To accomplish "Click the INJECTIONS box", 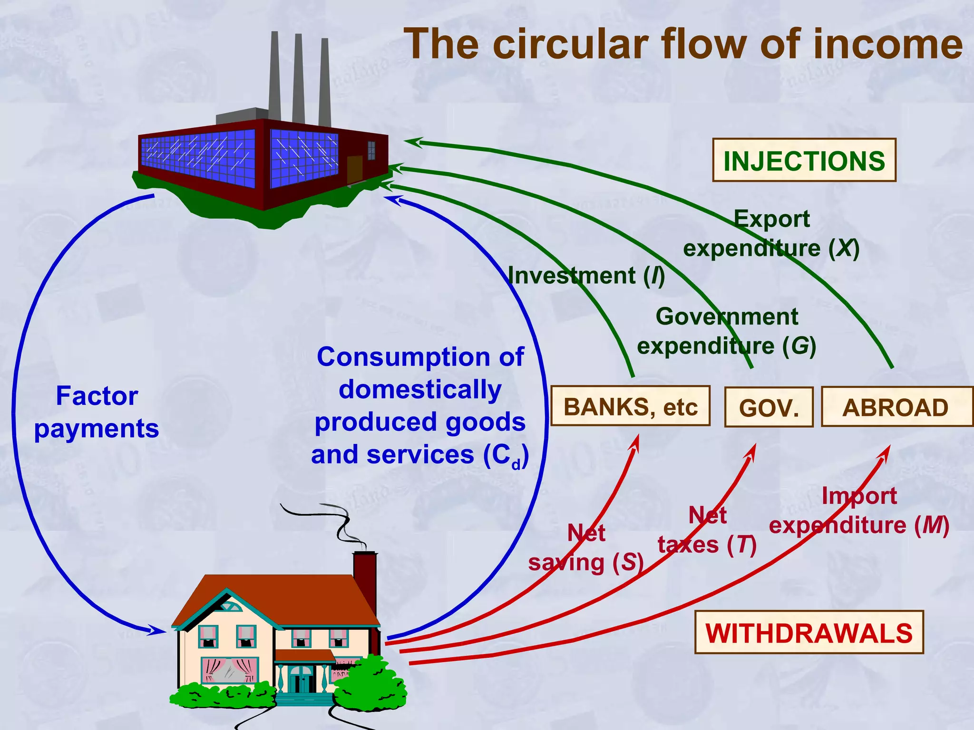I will coord(804,160).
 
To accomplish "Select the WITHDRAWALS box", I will coord(808,633).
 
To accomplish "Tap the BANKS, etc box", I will coord(630,406).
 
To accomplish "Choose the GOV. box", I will coord(769,408).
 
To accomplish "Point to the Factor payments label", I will coord(97,412).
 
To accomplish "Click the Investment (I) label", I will coord(586,276).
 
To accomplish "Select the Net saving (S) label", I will coord(586,548).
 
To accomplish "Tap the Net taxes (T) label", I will coord(707,530).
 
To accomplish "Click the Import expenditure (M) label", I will coord(859,511).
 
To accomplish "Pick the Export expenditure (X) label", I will coord(771,234).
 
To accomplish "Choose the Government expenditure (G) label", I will coord(727,331).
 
